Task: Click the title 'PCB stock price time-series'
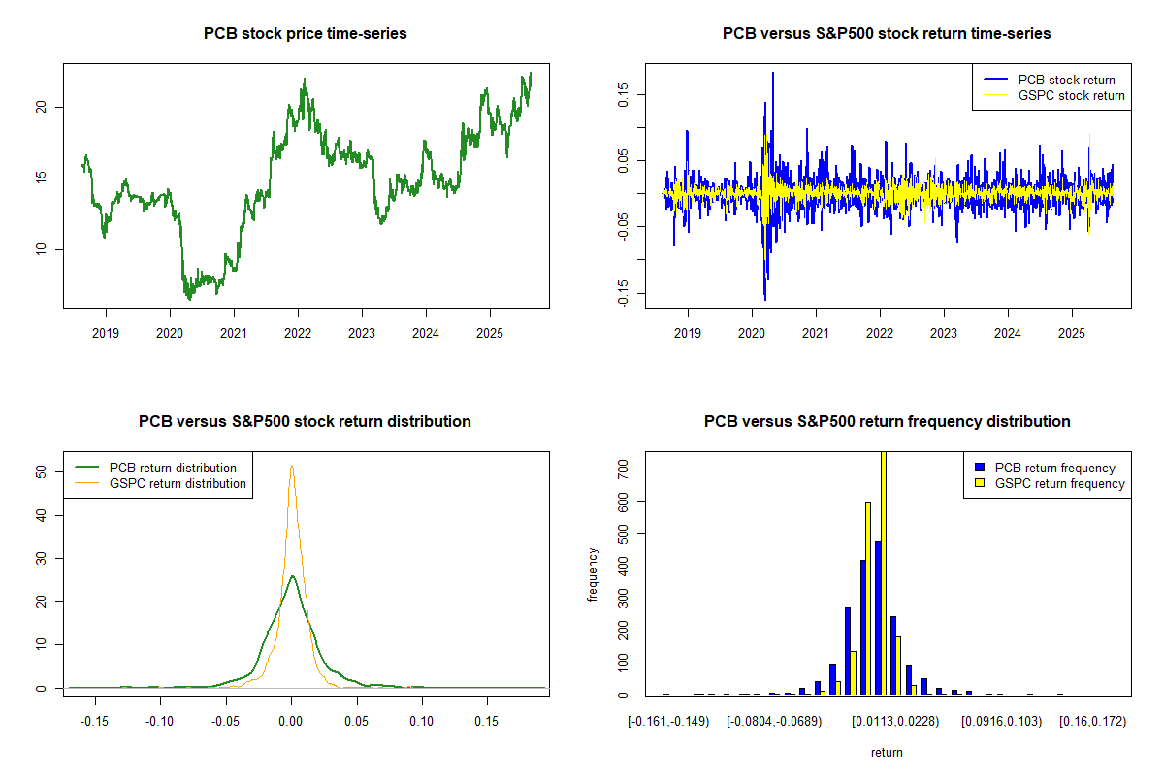click(305, 34)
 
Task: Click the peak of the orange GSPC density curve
click(291, 466)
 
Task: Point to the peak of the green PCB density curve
click(292, 576)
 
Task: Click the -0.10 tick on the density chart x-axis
click(161, 721)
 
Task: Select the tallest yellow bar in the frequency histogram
click(884, 572)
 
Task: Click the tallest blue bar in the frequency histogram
click(877, 618)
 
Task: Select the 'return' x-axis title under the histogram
click(887, 752)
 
